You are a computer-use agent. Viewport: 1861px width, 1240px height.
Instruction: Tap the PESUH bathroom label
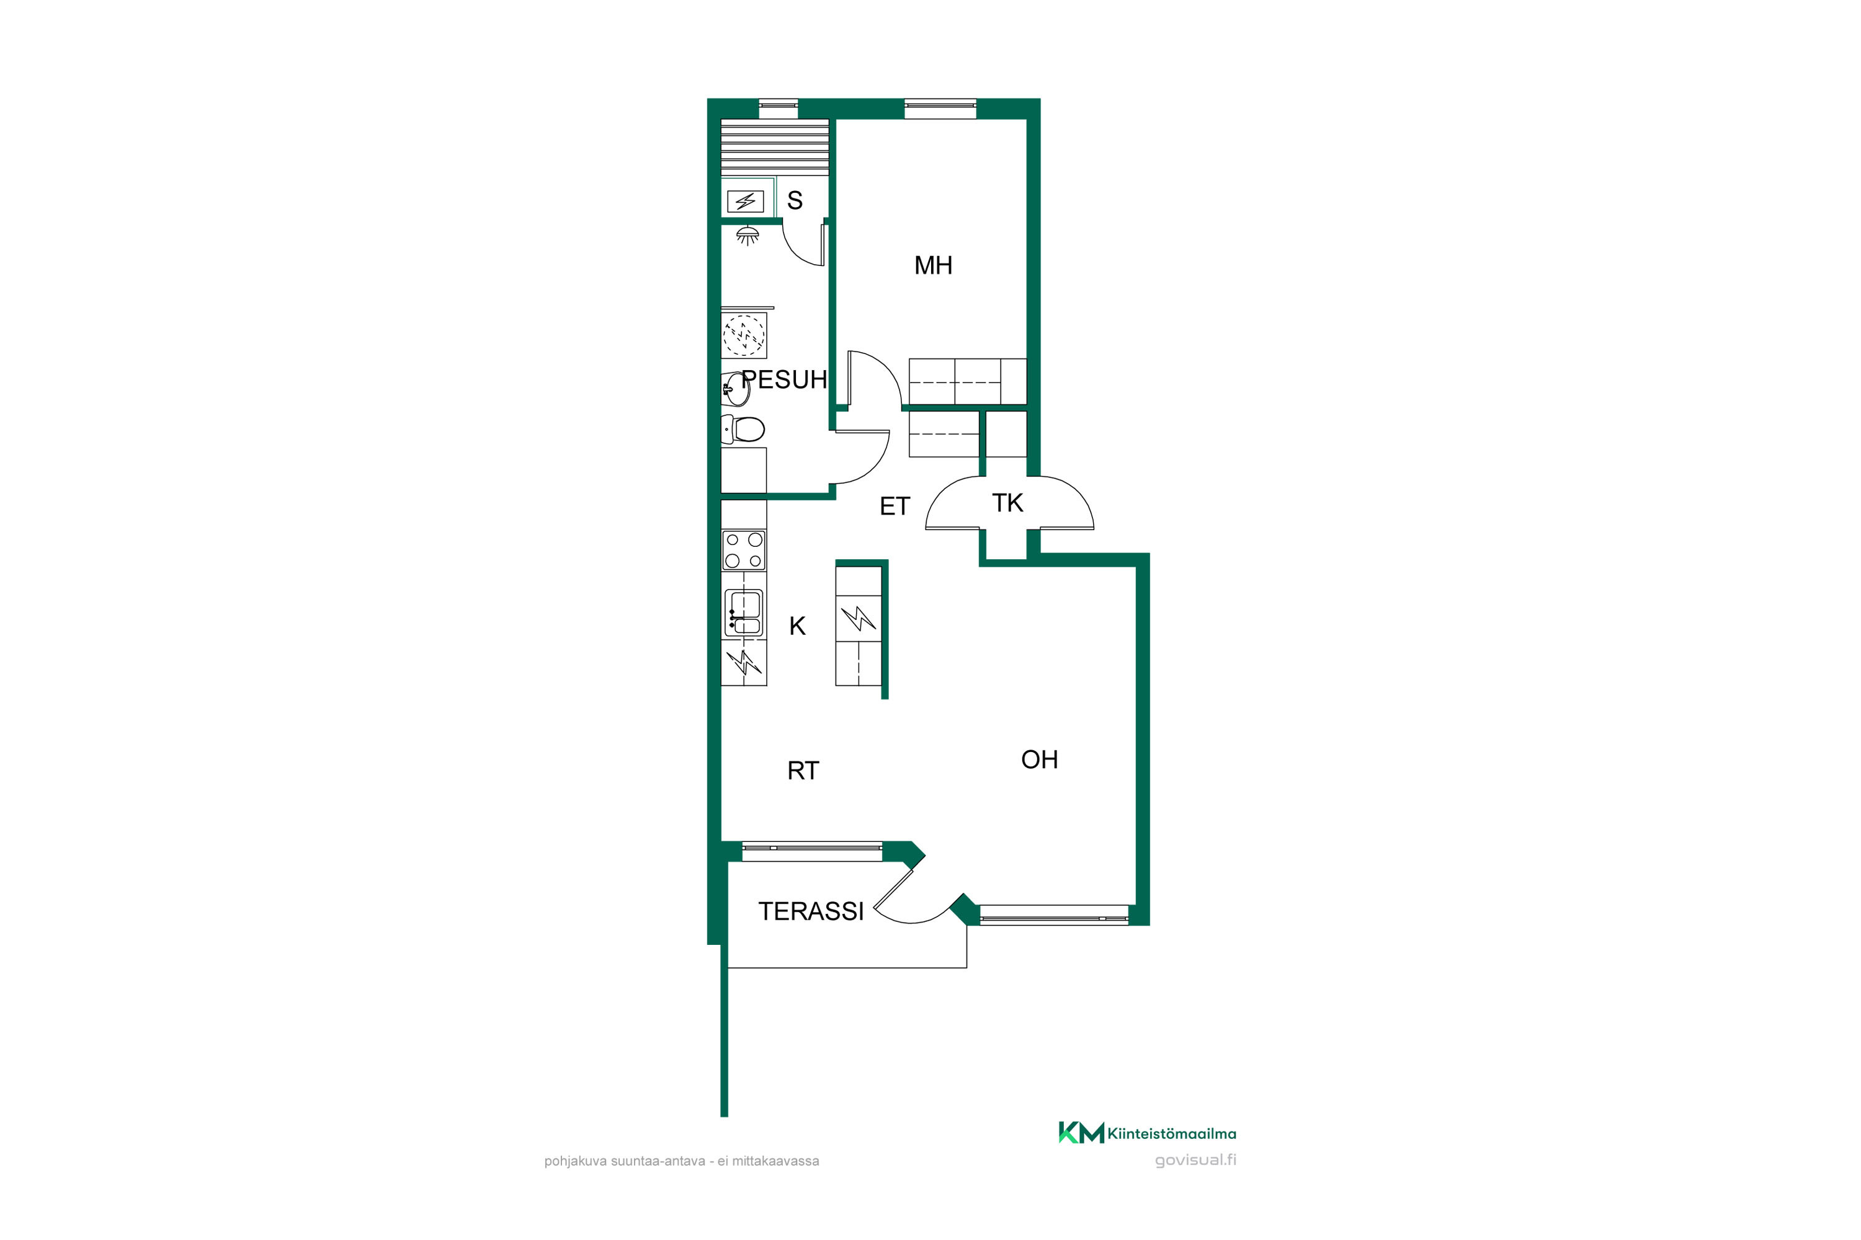click(x=784, y=379)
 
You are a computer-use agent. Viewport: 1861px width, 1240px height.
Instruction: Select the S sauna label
click(x=795, y=200)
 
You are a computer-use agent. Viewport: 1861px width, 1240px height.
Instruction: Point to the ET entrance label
click(x=895, y=506)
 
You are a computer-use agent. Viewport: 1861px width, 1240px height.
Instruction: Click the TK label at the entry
click(x=1007, y=503)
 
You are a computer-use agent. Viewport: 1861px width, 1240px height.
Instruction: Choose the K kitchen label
click(x=798, y=626)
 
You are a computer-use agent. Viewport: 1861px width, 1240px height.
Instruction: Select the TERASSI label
click(x=811, y=912)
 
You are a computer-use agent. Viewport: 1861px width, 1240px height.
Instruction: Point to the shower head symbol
click(x=748, y=235)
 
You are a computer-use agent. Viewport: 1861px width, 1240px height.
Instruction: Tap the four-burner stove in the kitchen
click(x=744, y=551)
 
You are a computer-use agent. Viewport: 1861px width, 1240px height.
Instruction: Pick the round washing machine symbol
click(x=744, y=335)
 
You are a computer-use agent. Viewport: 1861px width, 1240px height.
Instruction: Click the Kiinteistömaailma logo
click(x=1147, y=1133)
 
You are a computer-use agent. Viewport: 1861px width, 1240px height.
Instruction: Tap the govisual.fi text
click(x=1195, y=1160)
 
